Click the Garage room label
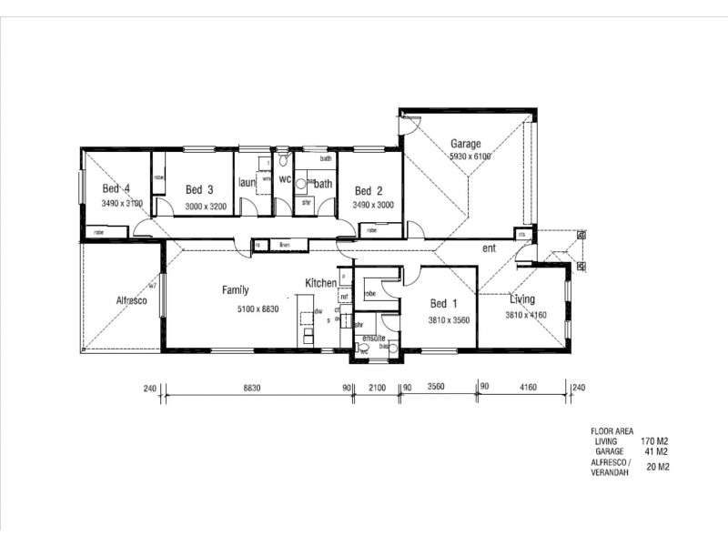coord(465,144)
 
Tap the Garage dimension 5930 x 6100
coord(470,157)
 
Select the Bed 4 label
coord(110,189)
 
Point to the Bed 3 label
coord(198,190)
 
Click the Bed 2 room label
coord(368,191)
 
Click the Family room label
coord(236,290)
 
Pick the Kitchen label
coord(321,283)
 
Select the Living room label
coord(522,299)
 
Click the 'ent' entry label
coord(489,248)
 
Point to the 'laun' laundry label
coord(247,182)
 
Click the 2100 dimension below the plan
coord(377,388)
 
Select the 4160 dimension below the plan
coord(528,388)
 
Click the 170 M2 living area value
coord(654,441)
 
